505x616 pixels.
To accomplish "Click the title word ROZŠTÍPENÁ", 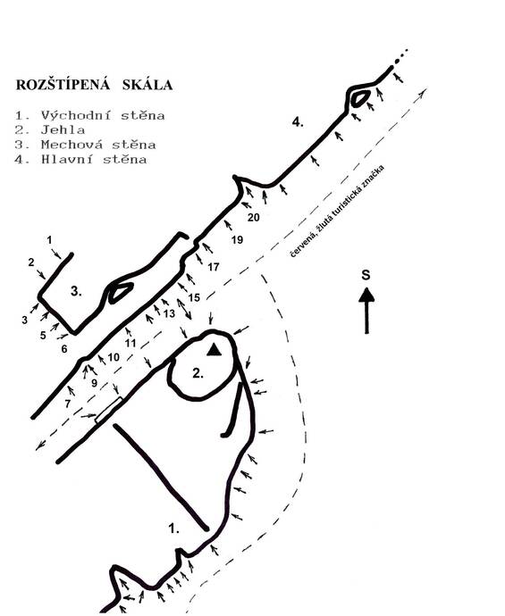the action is click(63, 84).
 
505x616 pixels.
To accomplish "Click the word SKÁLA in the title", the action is click(147, 85).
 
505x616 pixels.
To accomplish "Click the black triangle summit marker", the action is click(214, 349).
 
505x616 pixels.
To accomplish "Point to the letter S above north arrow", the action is click(366, 275).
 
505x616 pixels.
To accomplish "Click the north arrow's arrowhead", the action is click(366, 295).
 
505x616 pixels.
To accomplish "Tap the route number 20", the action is click(254, 217).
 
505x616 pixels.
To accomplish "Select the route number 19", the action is click(237, 239).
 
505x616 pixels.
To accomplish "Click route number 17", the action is click(213, 267).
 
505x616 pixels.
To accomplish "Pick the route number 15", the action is click(194, 297).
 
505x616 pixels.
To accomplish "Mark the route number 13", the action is click(169, 313).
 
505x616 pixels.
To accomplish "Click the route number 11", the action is click(130, 343).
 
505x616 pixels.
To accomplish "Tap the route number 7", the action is click(68, 404).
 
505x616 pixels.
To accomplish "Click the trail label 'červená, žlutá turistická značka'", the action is click(337, 212).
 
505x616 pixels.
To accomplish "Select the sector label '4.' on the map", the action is click(298, 122).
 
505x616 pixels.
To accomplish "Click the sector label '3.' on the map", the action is click(76, 292).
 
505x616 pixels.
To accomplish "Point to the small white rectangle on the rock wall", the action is click(108, 410).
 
